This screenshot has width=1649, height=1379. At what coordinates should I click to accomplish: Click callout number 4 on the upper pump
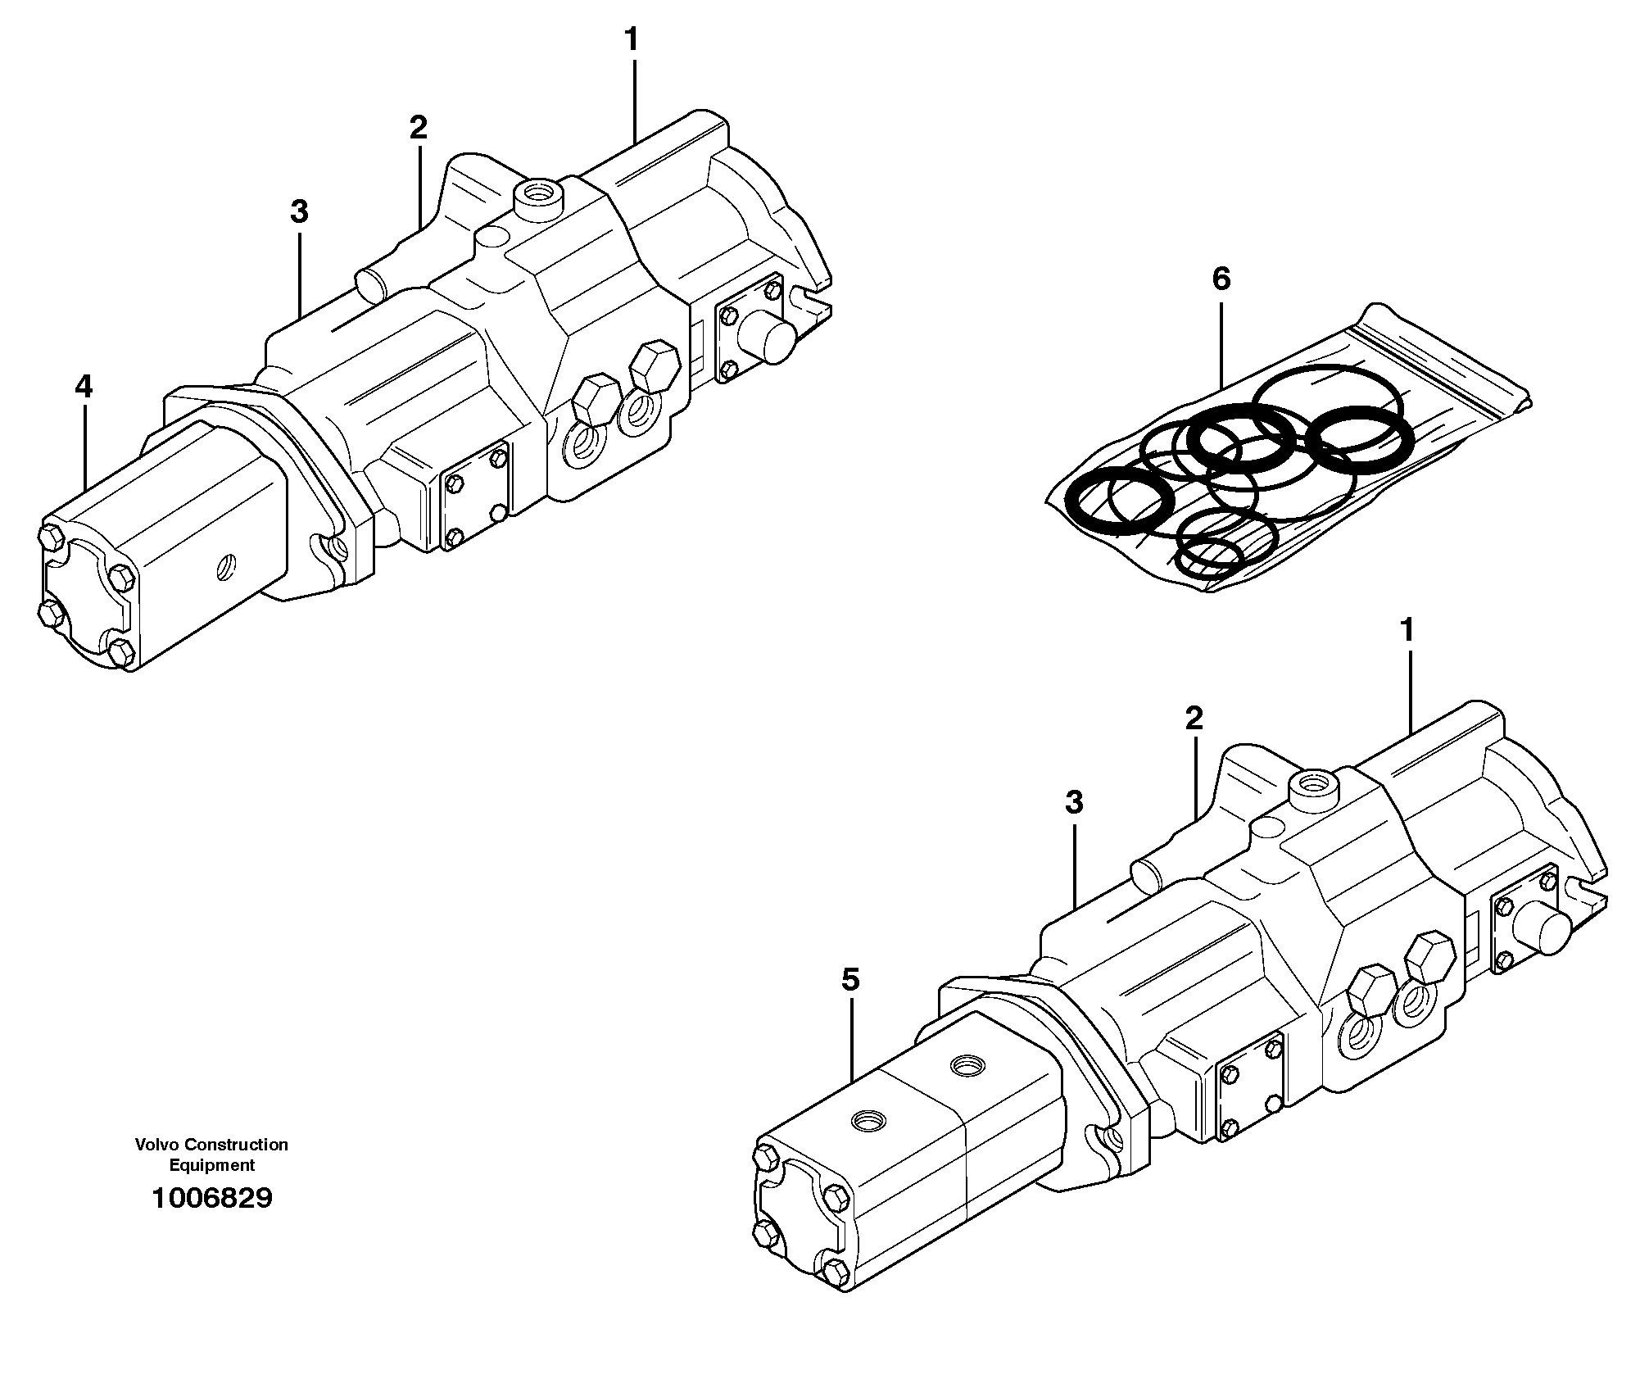(84, 387)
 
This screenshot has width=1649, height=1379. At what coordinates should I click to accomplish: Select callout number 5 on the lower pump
(851, 979)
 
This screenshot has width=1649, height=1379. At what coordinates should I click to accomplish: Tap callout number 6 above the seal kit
(1221, 279)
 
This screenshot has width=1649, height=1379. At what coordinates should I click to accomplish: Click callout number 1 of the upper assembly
(631, 39)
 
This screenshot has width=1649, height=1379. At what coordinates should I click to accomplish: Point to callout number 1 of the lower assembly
(1407, 630)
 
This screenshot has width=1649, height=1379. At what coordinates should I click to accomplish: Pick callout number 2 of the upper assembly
(418, 127)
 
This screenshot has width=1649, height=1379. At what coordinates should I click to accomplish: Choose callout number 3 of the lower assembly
(1074, 802)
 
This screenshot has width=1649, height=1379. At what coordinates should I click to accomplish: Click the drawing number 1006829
(212, 1199)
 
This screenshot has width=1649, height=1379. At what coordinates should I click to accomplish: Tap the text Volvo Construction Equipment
(212, 1154)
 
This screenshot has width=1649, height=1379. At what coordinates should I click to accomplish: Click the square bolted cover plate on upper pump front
(475, 498)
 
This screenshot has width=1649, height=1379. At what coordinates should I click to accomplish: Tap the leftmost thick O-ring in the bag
(1117, 502)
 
